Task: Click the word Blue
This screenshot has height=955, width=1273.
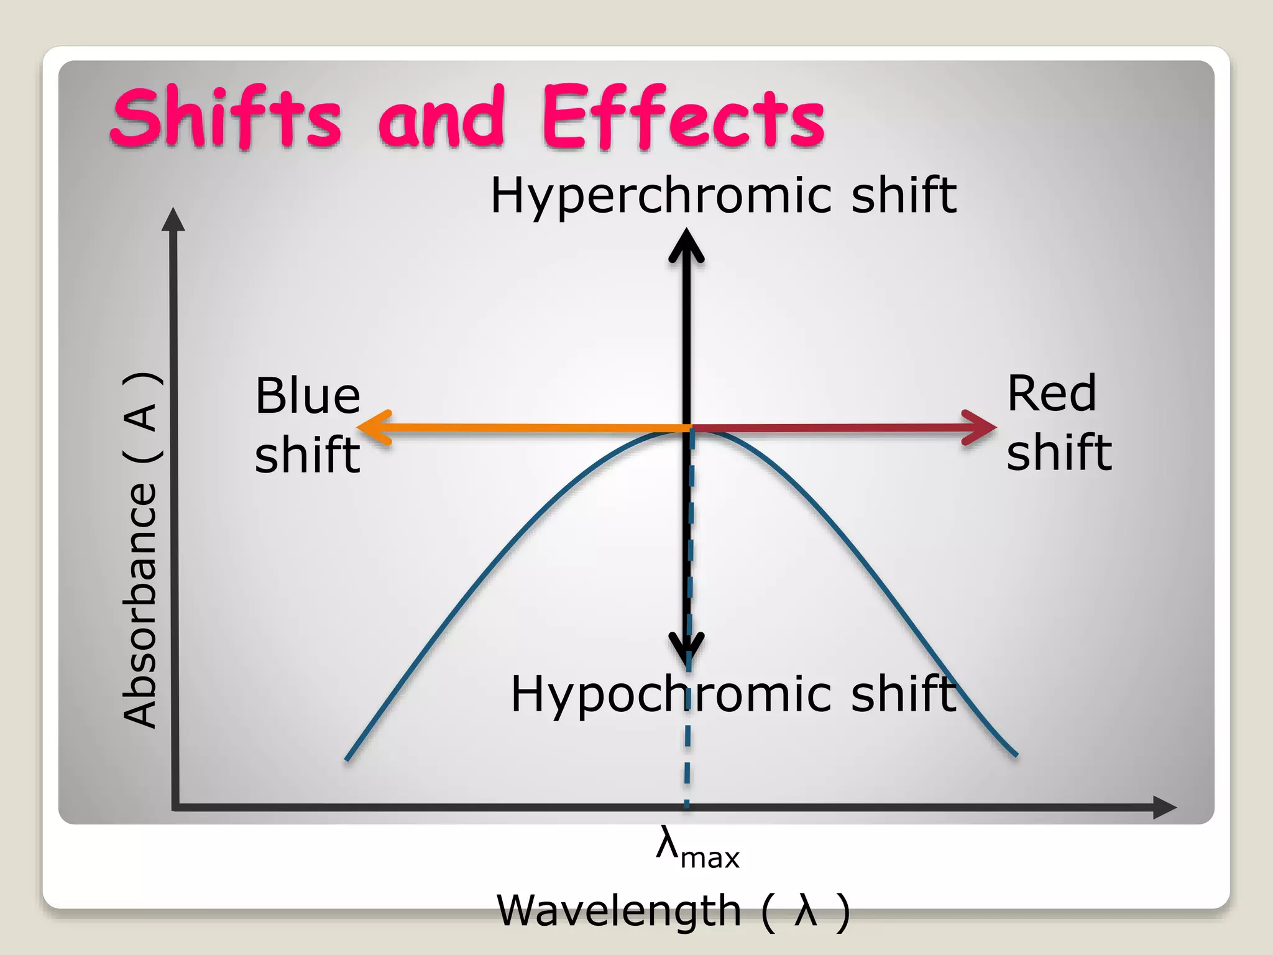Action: [308, 396]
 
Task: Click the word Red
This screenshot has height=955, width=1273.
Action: [1052, 394]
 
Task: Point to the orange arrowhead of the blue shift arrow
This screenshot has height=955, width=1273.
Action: [373, 428]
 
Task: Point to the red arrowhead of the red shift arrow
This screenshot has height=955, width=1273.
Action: [981, 428]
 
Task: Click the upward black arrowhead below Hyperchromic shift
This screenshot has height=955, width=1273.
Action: [686, 246]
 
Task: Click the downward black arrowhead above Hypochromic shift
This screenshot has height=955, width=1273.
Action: [686, 650]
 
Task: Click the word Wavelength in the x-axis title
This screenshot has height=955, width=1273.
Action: [619, 911]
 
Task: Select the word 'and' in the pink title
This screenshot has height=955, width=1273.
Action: [441, 118]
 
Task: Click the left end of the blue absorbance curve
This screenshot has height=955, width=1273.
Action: [347, 759]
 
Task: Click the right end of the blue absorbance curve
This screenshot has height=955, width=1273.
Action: [1016, 755]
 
